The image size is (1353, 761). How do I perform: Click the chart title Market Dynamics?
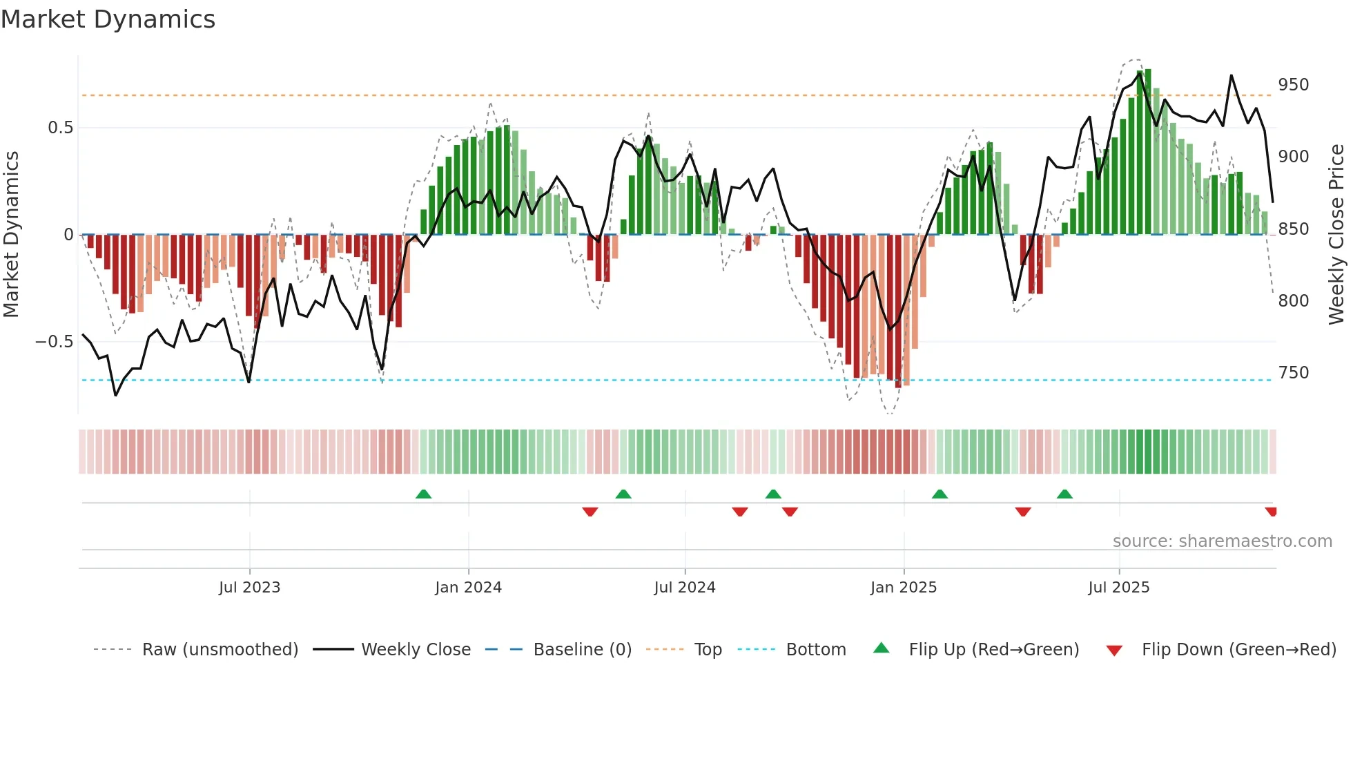pos(108,19)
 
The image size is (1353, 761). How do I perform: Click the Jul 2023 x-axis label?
pos(249,588)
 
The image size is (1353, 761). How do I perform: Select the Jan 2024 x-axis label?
pos(468,588)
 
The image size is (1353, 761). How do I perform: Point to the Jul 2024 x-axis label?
pos(684,588)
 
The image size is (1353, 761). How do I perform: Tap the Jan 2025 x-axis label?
pos(903,588)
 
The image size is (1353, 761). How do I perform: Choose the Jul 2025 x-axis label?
pos(1118,588)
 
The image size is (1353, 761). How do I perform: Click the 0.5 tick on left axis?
pos(60,128)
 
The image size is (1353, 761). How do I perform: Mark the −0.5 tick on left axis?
pos(55,342)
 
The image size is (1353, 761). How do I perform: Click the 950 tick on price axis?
pos(1293,85)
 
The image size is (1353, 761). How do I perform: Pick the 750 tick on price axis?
pos(1293,373)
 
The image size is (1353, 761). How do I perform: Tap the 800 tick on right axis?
pos(1293,301)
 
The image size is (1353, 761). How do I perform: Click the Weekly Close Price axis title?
pos(1336,235)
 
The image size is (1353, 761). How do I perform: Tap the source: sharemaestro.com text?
pos(1222,541)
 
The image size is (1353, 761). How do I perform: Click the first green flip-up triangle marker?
pos(423,494)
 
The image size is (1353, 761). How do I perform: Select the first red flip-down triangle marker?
pos(590,512)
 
